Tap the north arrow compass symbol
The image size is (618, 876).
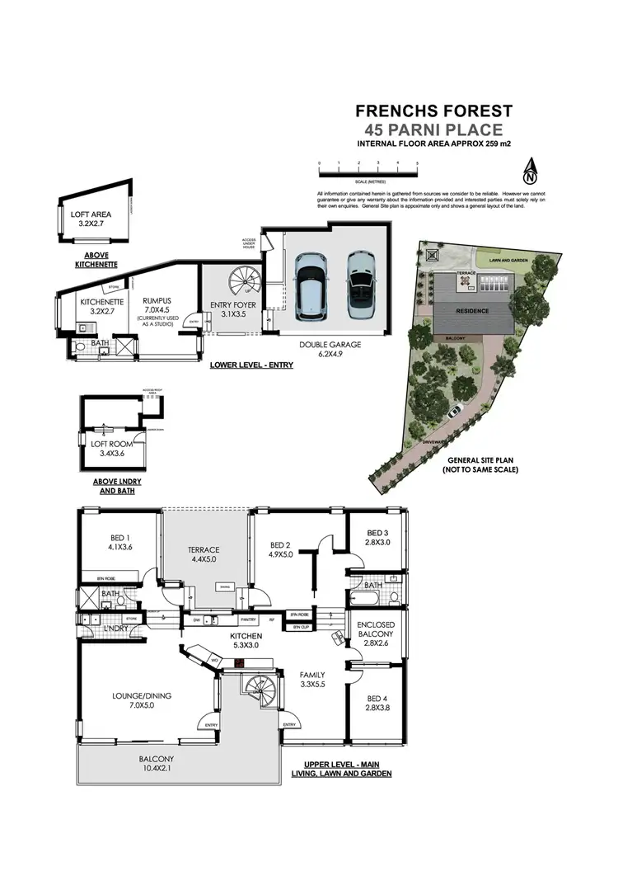(x=530, y=172)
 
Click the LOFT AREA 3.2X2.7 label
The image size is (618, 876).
(x=93, y=219)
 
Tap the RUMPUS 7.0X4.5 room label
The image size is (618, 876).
(x=156, y=311)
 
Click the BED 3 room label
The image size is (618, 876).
(x=377, y=537)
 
